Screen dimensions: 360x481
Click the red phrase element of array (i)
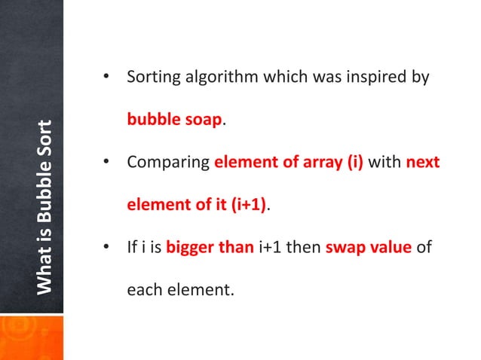click(289, 163)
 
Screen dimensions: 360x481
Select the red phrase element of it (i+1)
click(197, 206)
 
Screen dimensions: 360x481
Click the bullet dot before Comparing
click(107, 163)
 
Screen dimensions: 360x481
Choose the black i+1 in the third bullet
click(271, 248)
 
